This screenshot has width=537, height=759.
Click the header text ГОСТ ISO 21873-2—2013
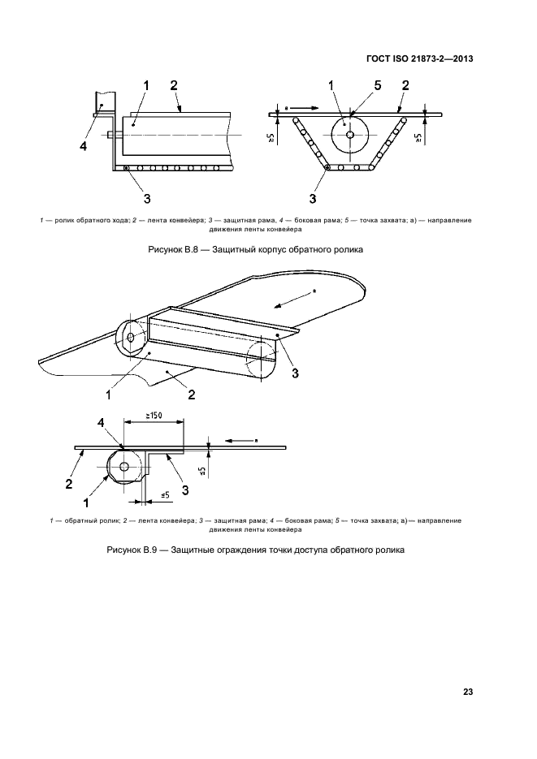point(421,59)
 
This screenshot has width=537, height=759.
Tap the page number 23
point(468,692)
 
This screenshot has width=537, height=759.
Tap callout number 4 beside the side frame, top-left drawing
point(83,146)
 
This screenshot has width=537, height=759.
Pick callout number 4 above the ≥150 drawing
point(101,423)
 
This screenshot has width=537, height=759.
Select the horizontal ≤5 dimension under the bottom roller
point(163,494)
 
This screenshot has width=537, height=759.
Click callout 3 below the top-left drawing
point(146,196)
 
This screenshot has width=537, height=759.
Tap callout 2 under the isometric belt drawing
point(192,395)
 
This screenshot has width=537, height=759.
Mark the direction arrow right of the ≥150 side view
point(240,440)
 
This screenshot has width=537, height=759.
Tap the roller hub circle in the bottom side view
point(124,466)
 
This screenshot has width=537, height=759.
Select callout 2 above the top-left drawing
point(173,86)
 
